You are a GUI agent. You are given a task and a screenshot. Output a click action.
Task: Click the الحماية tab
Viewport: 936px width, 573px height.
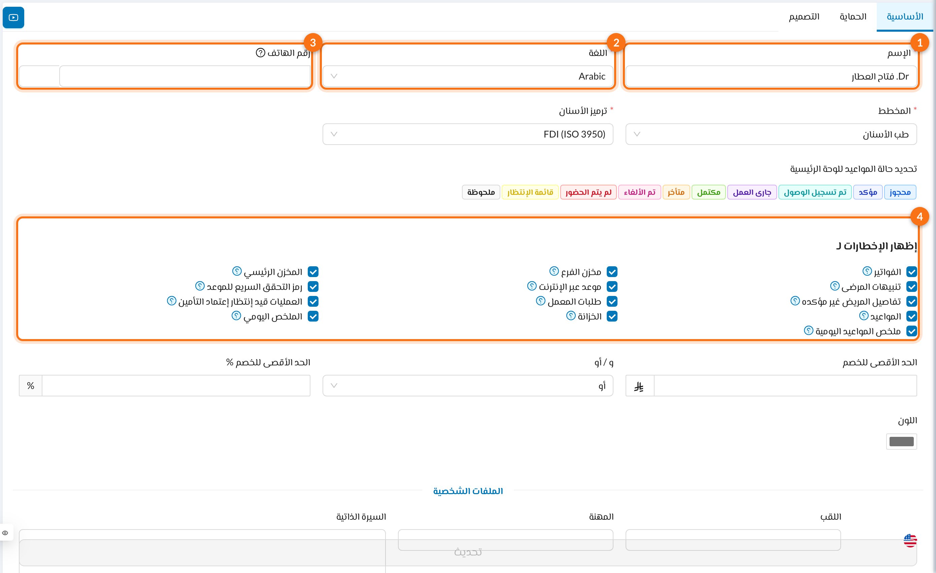(853, 17)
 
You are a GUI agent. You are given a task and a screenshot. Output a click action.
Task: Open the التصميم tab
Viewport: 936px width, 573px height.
(804, 17)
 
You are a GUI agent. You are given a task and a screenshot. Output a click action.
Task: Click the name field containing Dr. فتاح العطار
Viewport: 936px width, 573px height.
(771, 77)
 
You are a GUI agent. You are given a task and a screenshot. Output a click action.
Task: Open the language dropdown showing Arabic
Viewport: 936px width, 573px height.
(468, 77)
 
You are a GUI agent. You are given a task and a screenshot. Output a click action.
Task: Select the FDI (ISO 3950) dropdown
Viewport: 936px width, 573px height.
(468, 134)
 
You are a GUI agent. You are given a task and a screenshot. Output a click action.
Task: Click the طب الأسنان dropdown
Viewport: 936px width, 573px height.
(771, 134)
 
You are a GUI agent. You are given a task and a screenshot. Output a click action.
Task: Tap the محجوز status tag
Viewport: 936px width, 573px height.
(900, 192)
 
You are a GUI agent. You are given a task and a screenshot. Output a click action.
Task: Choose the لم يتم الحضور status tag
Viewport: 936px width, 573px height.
(589, 192)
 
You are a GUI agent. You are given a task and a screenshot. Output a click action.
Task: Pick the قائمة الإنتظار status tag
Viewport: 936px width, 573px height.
(530, 192)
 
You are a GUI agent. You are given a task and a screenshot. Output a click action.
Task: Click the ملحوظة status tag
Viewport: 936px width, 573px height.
(481, 192)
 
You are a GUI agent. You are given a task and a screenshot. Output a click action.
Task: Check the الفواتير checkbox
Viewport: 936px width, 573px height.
(912, 272)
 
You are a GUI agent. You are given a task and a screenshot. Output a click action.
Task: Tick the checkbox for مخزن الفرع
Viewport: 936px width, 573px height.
(612, 272)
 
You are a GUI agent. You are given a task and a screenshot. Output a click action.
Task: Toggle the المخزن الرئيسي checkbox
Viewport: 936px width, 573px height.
(313, 272)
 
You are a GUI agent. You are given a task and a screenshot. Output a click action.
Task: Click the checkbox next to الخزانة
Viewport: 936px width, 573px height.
(612, 316)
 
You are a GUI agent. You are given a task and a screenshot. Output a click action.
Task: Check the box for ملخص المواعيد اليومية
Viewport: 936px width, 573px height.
(912, 331)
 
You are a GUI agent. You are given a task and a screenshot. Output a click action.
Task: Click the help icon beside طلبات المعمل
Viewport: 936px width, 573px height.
(540, 301)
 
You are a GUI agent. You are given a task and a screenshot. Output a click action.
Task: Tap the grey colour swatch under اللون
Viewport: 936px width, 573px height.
(901, 442)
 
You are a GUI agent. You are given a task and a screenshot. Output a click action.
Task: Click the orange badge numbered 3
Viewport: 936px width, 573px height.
(313, 42)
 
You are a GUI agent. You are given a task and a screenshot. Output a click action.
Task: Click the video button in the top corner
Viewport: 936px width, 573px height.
(13, 18)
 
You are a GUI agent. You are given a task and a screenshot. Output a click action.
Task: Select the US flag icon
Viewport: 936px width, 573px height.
(910, 540)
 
